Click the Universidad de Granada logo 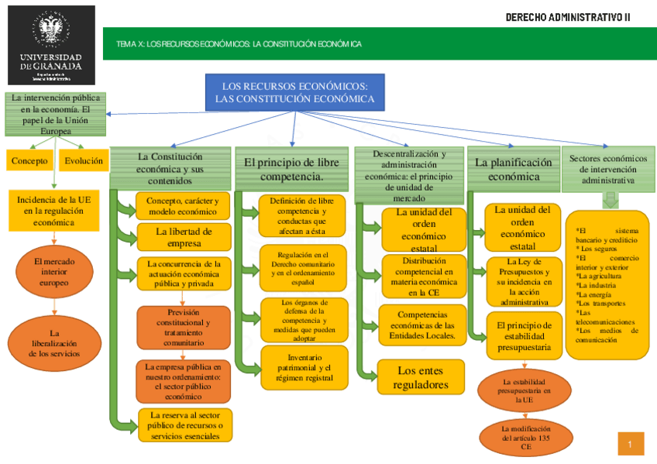(x=50, y=45)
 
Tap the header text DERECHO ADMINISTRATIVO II (x=567, y=17)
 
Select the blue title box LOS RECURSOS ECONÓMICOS (x=294, y=92)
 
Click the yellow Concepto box (x=29, y=160)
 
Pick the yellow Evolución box (x=84, y=160)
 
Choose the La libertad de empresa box (x=183, y=237)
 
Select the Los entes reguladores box (x=421, y=378)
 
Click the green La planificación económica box (x=513, y=170)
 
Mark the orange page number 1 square (x=631, y=444)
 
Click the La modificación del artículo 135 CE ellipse (x=526, y=438)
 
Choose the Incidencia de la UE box (x=54, y=211)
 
